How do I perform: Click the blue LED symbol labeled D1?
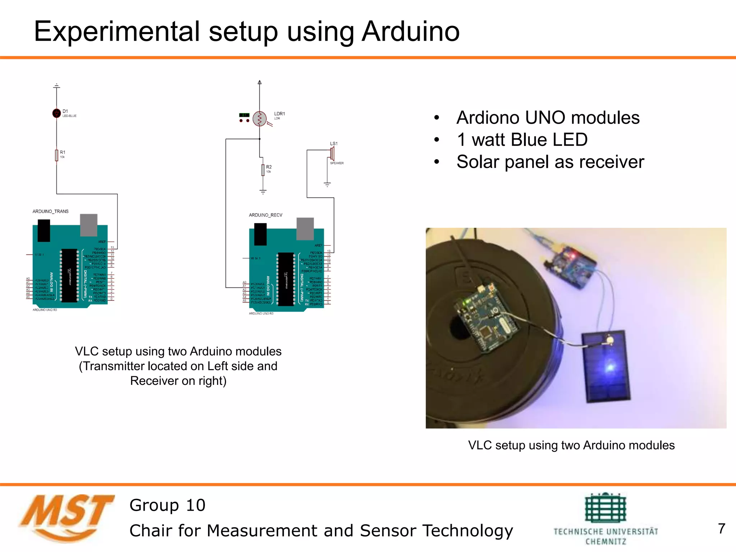pos(56,113)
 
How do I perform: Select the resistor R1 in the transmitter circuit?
pos(56,155)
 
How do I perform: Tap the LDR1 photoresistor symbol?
pos(259,119)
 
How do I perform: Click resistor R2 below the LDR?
pos(263,170)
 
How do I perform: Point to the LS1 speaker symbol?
pos(332,153)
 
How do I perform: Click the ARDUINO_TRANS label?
pos(50,211)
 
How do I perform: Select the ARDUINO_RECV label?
pos(266,215)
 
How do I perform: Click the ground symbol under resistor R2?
pos(263,192)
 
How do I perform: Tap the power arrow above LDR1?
pos(259,83)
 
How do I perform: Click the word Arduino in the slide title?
pos(410,32)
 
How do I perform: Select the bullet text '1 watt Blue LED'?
pos(522,140)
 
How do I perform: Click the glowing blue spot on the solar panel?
pos(610,367)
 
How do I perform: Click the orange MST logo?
pos(66,517)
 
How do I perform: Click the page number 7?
pos(721,529)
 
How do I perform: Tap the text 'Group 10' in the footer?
pos(167,505)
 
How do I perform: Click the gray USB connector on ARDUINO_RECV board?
pos(305,229)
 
